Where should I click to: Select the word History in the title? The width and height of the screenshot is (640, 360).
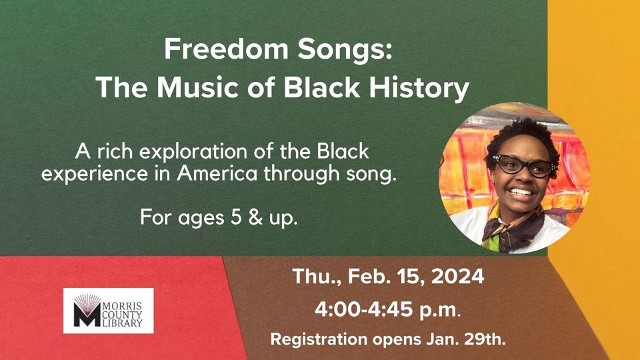click(x=419, y=89)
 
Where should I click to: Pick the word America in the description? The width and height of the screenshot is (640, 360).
click(x=217, y=173)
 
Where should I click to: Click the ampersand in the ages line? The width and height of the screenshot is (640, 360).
click(x=255, y=217)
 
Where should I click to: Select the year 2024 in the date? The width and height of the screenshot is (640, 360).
click(x=457, y=276)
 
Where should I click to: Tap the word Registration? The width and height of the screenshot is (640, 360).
click(x=319, y=339)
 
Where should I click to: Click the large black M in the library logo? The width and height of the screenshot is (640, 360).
click(x=87, y=315)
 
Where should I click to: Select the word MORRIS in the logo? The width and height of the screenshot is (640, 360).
click(x=122, y=306)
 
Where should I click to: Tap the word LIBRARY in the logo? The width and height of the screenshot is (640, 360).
click(x=122, y=323)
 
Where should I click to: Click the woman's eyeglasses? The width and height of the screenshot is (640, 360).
click(x=524, y=165)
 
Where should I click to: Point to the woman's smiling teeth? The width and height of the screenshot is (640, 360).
click(x=521, y=191)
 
